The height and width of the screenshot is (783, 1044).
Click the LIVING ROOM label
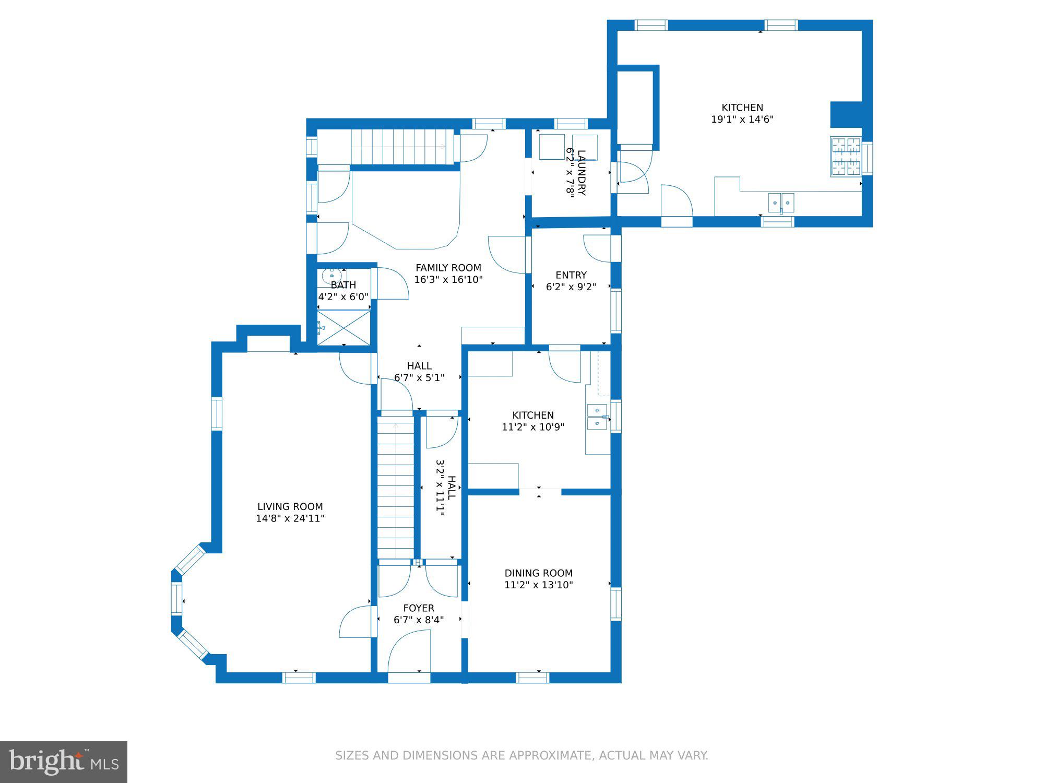290,506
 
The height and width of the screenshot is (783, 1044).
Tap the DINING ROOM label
539,573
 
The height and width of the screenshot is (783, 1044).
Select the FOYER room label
419,608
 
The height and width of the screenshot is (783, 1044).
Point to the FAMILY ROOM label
448,268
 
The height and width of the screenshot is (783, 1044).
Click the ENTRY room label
571,275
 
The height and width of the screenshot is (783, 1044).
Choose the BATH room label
343,285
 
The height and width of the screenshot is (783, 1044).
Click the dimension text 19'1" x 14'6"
742,119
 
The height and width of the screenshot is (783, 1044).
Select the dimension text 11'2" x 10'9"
533,427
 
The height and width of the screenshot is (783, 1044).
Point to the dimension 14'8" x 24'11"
290,518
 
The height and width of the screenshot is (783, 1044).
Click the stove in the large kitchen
846,157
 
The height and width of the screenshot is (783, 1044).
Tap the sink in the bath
331,275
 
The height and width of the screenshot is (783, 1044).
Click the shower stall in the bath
344,328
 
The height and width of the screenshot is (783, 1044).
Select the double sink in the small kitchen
597,417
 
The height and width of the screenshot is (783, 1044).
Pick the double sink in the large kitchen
781,202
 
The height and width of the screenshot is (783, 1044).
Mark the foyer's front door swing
409,651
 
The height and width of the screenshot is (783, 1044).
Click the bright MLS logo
64,762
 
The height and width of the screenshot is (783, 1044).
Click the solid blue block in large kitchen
846,114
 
